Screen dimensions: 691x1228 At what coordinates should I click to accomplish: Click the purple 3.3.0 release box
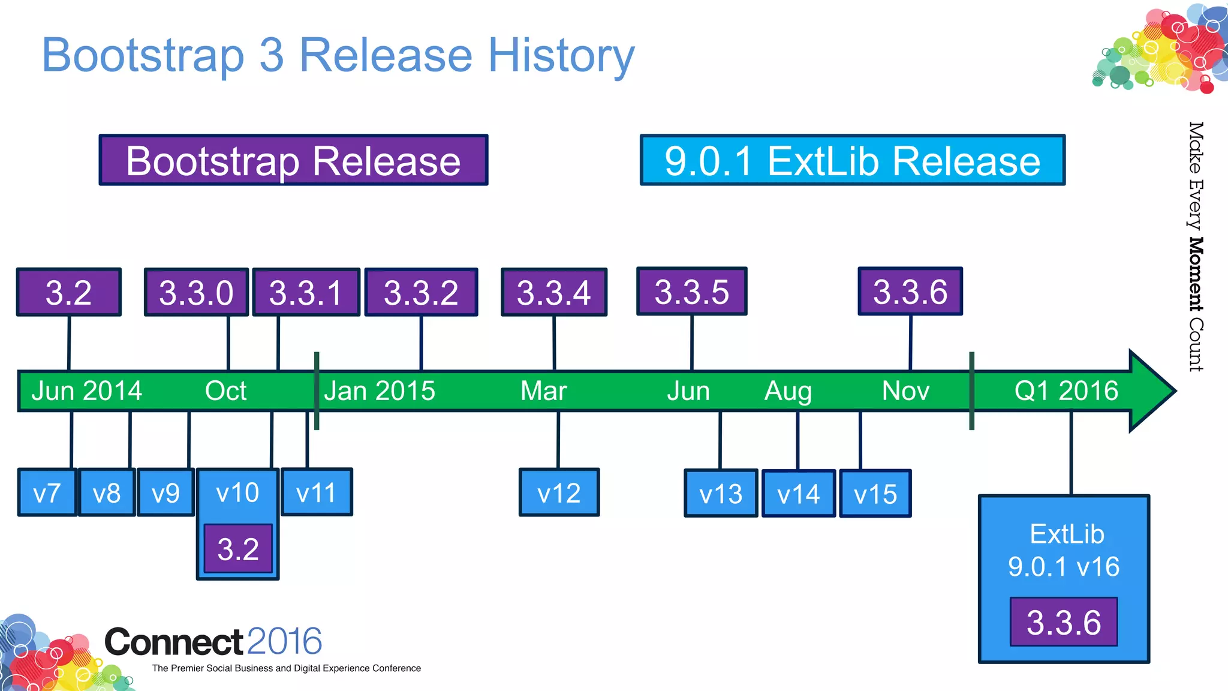[x=196, y=292]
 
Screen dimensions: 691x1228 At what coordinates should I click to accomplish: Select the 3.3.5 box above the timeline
[x=691, y=292]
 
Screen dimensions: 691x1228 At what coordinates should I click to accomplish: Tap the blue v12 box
[x=559, y=493]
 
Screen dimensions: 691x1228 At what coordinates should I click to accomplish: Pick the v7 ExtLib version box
[x=47, y=493]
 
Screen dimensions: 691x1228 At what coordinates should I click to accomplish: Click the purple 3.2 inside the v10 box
[x=238, y=549]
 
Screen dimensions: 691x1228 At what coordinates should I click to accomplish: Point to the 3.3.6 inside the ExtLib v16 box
[x=1064, y=622]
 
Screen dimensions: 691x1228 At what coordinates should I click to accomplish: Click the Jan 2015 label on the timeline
[x=380, y=391]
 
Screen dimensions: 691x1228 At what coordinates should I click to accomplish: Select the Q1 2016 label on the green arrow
[x=1066, y=391]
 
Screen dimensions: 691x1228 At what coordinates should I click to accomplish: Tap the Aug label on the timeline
[x=788, y=391]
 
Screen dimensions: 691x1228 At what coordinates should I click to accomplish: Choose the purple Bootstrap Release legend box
[x=293, y=160]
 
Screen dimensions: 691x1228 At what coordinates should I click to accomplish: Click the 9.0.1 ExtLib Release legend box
[x=852, y=160]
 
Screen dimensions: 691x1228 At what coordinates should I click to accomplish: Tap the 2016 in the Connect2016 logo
[x=284, y=641]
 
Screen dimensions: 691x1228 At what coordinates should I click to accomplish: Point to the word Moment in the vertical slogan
[x=1196, y=274]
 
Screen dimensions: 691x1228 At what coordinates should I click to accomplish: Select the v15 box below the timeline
[x=875, y=494]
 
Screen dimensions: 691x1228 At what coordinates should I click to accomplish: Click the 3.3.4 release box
[x=554, y=292]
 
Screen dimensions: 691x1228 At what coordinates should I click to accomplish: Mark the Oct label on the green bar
[x=225, y=391]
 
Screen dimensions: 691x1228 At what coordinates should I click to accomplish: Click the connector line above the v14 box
[x=797, y=440]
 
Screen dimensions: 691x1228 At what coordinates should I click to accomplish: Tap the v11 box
[x=317, y=492]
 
